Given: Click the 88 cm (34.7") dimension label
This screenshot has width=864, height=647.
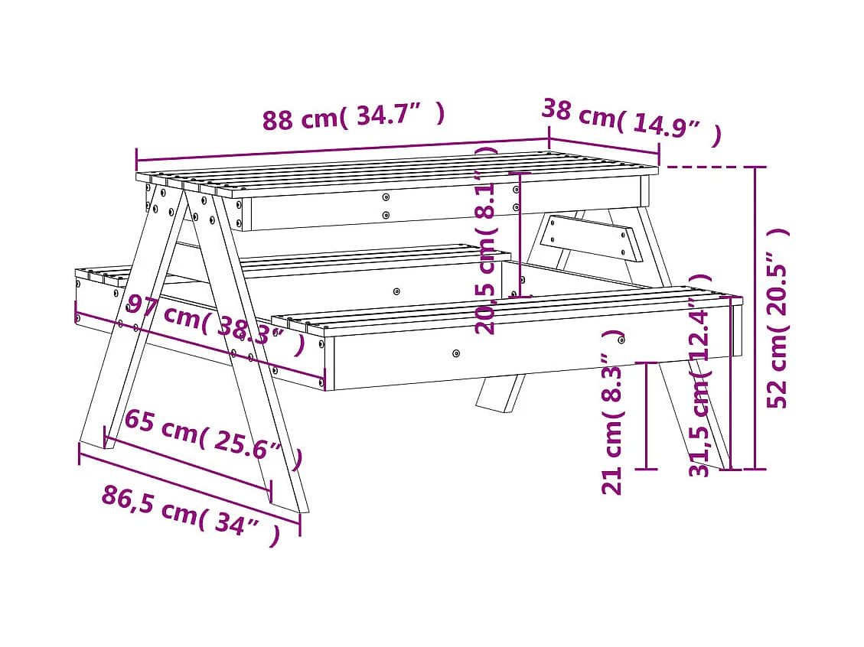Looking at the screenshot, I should [353, 117].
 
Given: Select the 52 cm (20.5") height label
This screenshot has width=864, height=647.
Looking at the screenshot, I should [778, 318].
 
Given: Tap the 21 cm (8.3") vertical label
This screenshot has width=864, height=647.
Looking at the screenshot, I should [613, 413].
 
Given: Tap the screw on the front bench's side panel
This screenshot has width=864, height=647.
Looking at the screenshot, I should [456, 353].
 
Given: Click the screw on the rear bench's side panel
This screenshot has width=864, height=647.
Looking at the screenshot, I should [396, 291].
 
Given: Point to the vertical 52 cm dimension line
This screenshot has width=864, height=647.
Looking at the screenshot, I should [755, 317].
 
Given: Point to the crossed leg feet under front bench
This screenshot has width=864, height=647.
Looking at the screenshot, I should [501, 392].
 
